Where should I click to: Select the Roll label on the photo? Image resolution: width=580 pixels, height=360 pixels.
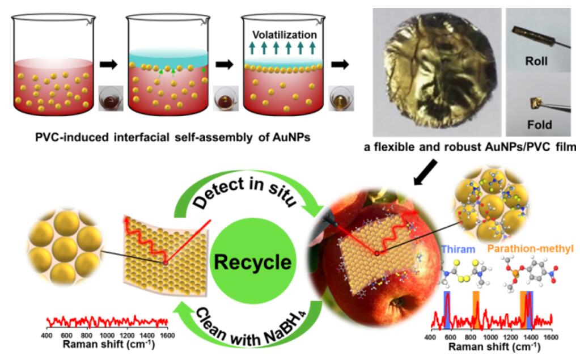536,61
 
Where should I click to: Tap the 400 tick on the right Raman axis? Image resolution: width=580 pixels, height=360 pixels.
433,336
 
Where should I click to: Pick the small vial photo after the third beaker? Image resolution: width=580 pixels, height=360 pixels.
342,96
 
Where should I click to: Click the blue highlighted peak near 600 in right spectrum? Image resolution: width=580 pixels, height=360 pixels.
447,308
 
